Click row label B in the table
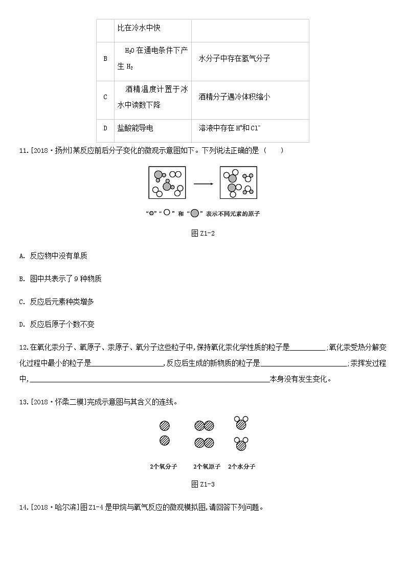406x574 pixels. (x=105, y=59)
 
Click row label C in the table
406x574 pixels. (x=105, y=97)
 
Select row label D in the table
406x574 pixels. (x=105, y=128)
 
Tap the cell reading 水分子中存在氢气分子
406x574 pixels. (x=234, y=59)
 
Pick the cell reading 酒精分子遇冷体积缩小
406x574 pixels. (x=234, y=97)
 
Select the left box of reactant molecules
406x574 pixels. (x=167, y=182)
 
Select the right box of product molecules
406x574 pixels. (x=238, y=182)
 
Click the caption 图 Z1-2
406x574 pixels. (x=202, y=233)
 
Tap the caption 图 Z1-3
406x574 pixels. (x=202, y=484)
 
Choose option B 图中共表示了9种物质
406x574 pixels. (x=60, y=279)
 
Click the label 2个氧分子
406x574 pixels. (x=164, y=467)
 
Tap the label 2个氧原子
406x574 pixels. (x=207, y=467)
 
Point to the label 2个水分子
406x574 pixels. (x=241, y=467)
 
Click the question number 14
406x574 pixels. (x=22, y=508)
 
